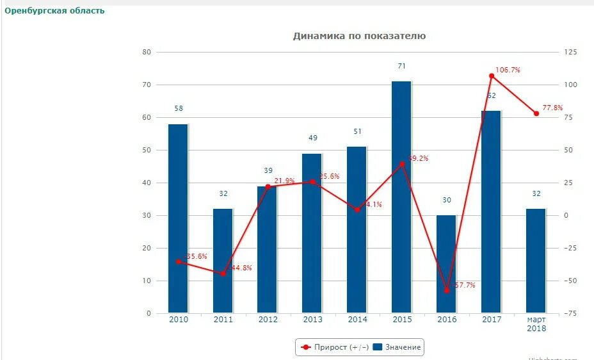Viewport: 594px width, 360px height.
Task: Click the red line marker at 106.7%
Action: tap(492, 76)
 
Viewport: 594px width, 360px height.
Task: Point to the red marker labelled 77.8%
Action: tap(536, 113)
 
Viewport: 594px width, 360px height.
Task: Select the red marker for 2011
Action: tap(223, 274)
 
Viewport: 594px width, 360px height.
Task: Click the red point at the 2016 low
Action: tap(447, 290)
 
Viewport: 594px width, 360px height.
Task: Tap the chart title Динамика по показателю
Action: tap(359, 36)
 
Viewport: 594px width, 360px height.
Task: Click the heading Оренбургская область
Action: tap(54, 11)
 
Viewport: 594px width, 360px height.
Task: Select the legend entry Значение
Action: tap(397, 347)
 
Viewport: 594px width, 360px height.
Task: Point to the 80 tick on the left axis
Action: tap(147, 52)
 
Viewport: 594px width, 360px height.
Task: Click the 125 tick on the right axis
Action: tap(570, 52)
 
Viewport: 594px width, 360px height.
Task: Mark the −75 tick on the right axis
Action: tap(570, 313)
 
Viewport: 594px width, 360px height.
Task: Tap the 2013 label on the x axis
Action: tap(312, 320)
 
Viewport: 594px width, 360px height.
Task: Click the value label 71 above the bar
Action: tap(401, 66)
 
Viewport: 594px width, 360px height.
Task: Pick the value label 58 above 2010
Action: tap(178, 108)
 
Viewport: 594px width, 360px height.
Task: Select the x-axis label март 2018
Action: tap(536, 324)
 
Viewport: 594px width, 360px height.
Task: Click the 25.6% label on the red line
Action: tap(329, 176)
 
